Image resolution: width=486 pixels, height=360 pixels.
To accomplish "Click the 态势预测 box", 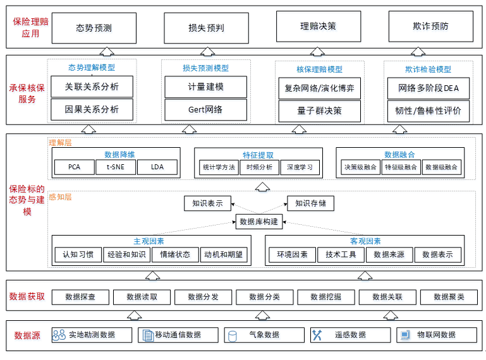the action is click(94, 28).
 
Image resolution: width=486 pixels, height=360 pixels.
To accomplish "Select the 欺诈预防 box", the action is click(431, 27).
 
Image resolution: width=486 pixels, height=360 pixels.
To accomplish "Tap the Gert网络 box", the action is click(205, 110).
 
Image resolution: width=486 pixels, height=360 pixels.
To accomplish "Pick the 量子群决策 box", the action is click(320, 111).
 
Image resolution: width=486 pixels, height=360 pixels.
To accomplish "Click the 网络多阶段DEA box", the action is click(428, 88).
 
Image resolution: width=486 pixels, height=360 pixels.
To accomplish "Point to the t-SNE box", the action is click(116, 167).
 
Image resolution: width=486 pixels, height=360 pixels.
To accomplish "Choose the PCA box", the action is click(75, 167).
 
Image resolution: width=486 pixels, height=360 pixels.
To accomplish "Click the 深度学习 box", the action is click(300, 167).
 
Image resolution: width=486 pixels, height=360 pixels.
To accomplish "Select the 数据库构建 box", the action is click(259, 222).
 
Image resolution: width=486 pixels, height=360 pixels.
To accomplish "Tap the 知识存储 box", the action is click(310, 203).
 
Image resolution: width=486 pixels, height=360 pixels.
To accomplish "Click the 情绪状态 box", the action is click(175, 255).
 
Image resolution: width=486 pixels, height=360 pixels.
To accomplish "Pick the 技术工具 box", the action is click(341, 255).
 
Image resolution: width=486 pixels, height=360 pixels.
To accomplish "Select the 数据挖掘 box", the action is click(325, 297).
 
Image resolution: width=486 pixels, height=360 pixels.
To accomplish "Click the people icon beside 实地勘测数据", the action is click(59, 335).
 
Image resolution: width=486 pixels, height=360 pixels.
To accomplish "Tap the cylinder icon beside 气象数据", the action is click(232, 336).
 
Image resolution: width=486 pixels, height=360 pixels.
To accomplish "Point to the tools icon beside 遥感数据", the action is click(317, 335).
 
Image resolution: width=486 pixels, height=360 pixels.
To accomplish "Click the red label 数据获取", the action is click(27, 296).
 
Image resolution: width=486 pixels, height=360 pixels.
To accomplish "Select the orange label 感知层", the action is click(60, 197).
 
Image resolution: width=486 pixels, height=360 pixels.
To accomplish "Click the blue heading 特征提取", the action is click(258, 155).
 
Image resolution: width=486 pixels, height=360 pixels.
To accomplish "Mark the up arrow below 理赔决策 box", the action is click(317, 51).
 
